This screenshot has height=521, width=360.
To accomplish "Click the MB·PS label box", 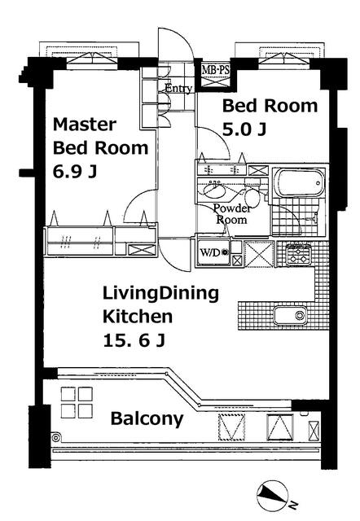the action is pos(215,71).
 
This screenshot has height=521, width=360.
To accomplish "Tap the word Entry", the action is pos(178,89).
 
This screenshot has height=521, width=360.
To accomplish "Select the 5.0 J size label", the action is pos(244,129).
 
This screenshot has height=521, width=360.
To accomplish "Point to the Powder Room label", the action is pos(231,214).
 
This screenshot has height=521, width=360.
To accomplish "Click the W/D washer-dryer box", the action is pos(213,252).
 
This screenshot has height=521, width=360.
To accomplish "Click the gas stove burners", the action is pos(298,255).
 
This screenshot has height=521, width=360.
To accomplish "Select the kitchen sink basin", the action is pos(290,315).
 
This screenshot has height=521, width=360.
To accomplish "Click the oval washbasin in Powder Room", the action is pos(213,190).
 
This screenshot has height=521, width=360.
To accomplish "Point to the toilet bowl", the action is pos(252,199).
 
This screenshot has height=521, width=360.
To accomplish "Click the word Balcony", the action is pos(147,418).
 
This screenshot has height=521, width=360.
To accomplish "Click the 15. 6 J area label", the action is pos(134,340).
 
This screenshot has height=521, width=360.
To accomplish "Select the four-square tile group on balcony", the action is pos(77,402).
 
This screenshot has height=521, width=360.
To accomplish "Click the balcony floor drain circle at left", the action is pos(56,437).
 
